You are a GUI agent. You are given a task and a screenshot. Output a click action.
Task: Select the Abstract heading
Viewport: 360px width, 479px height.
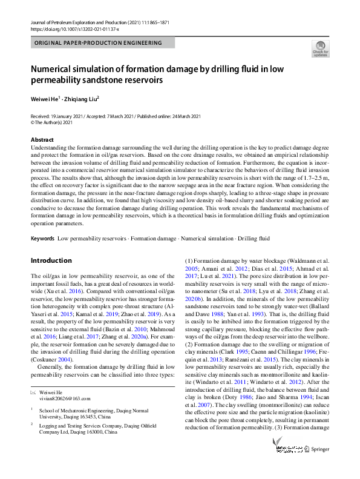(42, 139)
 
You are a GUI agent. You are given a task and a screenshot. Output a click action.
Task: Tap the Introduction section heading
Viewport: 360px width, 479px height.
(51, 260)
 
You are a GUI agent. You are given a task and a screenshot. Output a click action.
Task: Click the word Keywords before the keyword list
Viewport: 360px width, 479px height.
(42, 239)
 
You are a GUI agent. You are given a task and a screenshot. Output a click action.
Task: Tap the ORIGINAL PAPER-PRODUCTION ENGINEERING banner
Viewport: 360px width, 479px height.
(99, 43)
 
